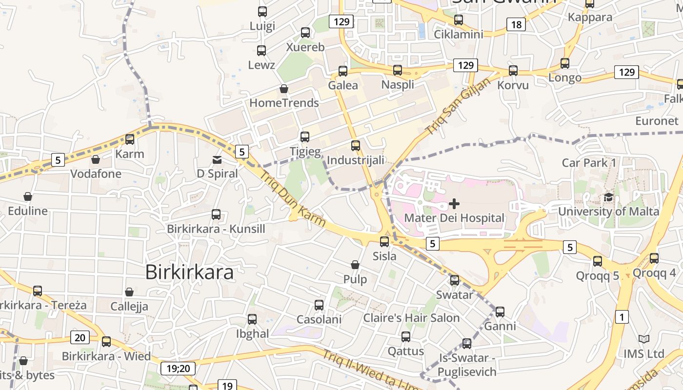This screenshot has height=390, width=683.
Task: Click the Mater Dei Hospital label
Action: [454, 218]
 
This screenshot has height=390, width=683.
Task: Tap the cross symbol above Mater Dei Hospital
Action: [454, 203]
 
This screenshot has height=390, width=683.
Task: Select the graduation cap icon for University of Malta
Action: [608, 197]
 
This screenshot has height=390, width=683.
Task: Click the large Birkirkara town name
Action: [189, 273]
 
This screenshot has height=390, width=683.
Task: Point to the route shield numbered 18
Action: [516, 24]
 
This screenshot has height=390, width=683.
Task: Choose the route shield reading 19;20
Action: [178, 368]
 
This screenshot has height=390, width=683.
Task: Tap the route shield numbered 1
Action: [622, 317]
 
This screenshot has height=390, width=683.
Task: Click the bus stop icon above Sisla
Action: [384, 241]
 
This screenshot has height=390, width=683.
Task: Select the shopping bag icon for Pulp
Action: [355, 265]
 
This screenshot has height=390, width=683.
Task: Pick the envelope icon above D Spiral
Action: [217, 159]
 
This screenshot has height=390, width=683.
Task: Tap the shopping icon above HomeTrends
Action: [283, 89]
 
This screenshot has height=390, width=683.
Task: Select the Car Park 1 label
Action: [589, 163]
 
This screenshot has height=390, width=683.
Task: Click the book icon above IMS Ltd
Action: [644, 339]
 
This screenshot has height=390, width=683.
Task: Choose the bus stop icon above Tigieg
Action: [305, 137]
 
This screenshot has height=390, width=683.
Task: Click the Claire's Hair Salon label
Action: [411, 318]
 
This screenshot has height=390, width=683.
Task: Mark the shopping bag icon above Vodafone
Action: [96, 159]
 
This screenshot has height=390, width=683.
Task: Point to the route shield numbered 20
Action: [80, 337]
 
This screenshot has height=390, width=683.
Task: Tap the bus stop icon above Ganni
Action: [500, 312]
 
